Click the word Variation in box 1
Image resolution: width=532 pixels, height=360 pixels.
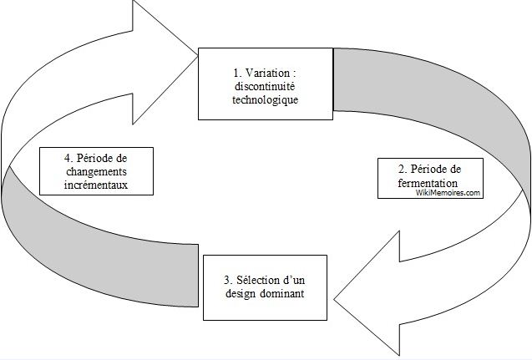(x=263, y=73)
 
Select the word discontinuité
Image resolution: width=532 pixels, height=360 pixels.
(x=265, y=87)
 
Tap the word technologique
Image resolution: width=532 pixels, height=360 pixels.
(x=265, y=100)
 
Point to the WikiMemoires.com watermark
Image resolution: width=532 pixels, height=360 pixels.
(x=449, y=192)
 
